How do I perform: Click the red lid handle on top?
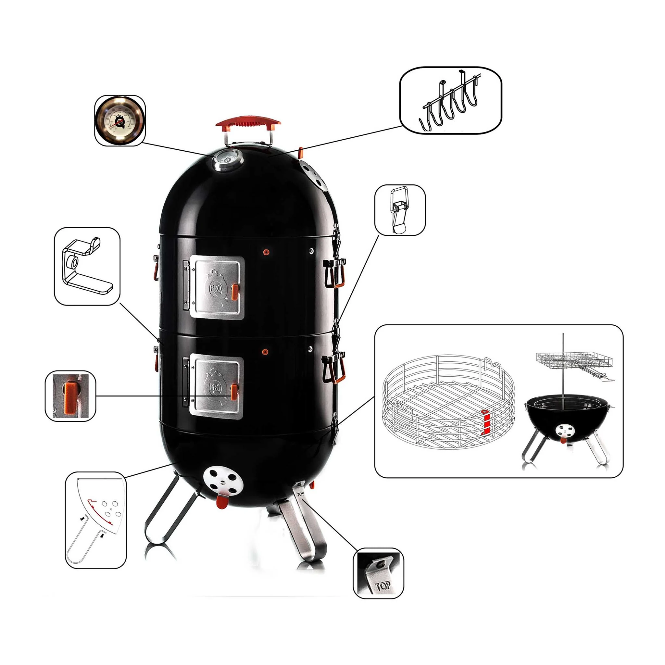coord(248,122)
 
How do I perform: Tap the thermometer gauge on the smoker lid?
coord(228,160)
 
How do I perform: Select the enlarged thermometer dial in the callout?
coord(120,120)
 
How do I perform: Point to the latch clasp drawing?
coord(400,210)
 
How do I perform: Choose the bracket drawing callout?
coord(87,266)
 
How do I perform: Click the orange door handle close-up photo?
coord(70,396)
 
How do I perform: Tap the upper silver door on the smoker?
coord(217,288)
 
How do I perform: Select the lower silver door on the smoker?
coord(216,388)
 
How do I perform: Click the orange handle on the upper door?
coord(235,292)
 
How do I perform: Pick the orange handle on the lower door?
coord(234,392)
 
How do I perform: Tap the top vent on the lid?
coord(313,176)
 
